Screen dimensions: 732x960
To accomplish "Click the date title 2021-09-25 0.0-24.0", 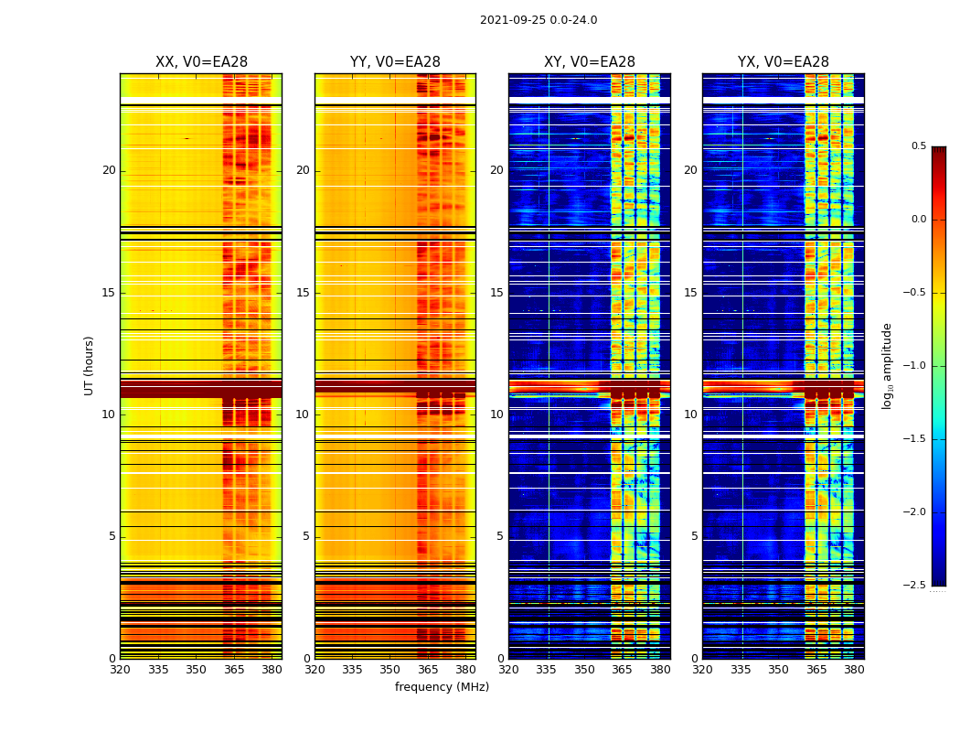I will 539,20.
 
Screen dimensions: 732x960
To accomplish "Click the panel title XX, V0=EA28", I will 201,62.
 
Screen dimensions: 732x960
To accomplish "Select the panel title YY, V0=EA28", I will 395,62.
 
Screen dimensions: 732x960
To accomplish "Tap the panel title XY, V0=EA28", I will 590,62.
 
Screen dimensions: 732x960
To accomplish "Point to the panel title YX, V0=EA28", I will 784,62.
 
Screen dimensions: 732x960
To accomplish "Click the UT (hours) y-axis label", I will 90,365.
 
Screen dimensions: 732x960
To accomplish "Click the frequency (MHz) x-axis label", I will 442,687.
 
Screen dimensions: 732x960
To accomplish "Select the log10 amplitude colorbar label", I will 887,365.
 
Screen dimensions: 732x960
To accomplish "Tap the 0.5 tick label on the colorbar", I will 918,146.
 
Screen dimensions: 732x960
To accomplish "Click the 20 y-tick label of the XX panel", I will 109,170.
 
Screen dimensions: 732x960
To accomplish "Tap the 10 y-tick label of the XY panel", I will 496,414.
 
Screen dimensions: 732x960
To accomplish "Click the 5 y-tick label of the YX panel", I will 694,536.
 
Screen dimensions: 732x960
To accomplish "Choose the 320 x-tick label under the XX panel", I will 120,670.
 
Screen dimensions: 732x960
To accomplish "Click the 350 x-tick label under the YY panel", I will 389,670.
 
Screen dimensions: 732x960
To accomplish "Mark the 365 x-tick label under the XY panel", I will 622,670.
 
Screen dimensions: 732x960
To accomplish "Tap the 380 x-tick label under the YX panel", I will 854,670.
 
